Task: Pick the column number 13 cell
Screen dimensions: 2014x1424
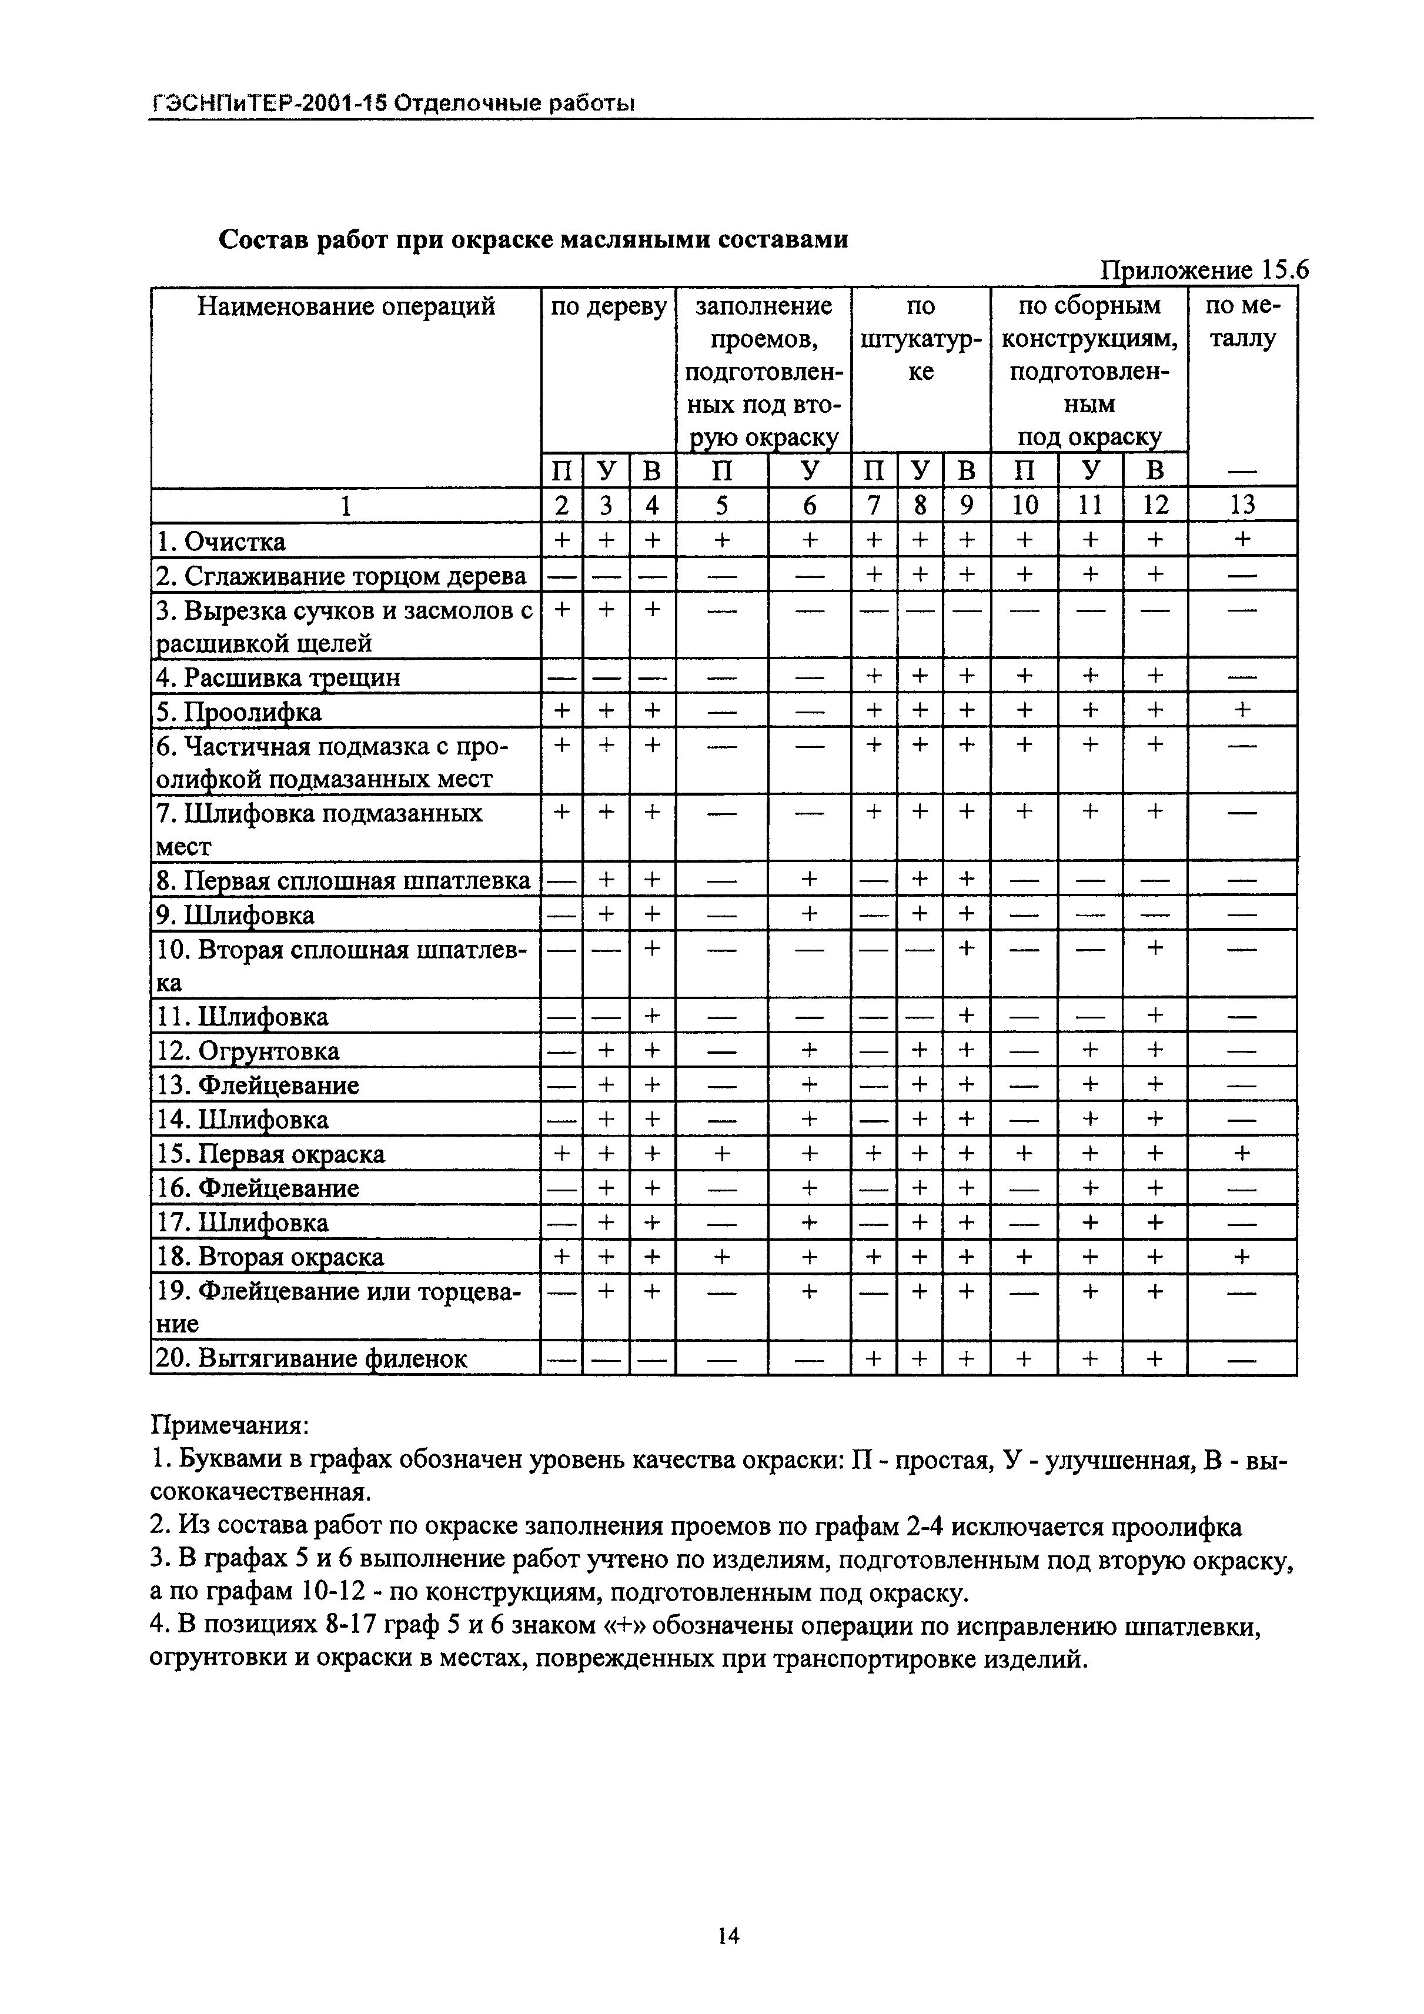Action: pyautogui.click(x=1242, y=505)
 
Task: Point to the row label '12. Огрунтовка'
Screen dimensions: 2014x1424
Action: pyautogui.click(x=248, y=1051)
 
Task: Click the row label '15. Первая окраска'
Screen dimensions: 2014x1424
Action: pyautogui.click(x=270, y=1154)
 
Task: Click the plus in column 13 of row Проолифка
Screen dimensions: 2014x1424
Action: pyautogui.click(x=1242, y=710)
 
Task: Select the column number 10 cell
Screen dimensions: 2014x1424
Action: pyautogui.click(x=1024, y=505)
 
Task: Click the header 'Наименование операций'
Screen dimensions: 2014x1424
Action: pyautogui.click(x=346, y=306)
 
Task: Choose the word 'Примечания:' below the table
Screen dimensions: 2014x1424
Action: pyautogui.click(x=230, y=1424)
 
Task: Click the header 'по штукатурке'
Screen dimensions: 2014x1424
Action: pyautogui.click(x=921, y=339)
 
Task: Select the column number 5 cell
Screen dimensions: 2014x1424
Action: pyautogui.click(x=721, y=505)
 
